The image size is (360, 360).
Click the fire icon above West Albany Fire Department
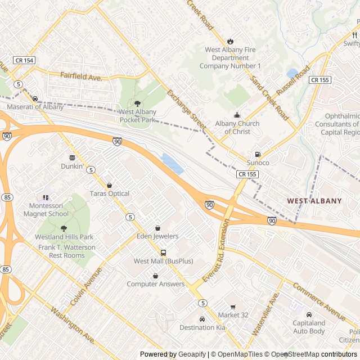[x=230, y=41]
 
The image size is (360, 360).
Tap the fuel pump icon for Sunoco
[x=258, y=154]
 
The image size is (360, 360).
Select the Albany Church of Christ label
[x=237, y=128]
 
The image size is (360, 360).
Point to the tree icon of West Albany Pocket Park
[x=137, y=103]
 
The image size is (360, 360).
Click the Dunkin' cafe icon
[x=72, y=157]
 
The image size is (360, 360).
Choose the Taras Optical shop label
[x=109, y=193]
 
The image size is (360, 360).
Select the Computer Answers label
[x=155, y=284]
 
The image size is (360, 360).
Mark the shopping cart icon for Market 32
[x=232, y=307]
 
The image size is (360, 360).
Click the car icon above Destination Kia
[x=202, y=319]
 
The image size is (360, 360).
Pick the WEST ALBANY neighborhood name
[x=314, y=201]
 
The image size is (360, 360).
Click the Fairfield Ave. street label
[x=81, y=75]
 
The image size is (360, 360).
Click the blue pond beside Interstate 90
[x=172, y=164]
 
